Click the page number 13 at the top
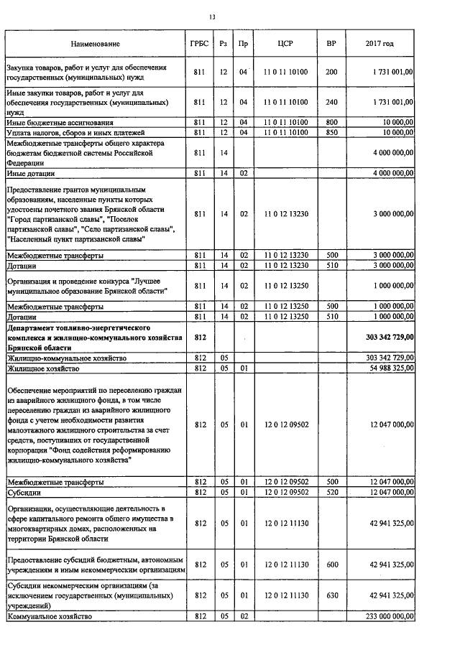pyautogui.click(x=211, y=17)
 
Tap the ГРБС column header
pyautogui.click(x=200, y=44)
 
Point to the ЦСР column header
pyautogui.click(x=285, y=44)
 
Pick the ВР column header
pyautogui.click(x=331, y=44)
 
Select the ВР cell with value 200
pyautogui.click(x=331, y=73)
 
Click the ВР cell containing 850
pyautogui.click(x=331, y=133)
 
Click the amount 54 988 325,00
pyautogui.click(x=387, y=368)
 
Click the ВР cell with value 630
pyautogui.click(x=331, y=595)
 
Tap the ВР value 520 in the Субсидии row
pyautogui.click(x=331, y=492)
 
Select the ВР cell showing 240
pyautogui.click(x=331, y=103)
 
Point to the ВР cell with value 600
pyautogui.click(x=331, y=565)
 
